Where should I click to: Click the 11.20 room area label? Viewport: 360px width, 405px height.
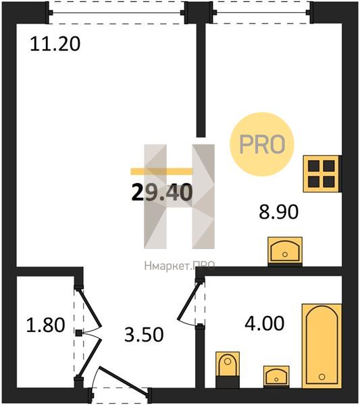pos(55,44)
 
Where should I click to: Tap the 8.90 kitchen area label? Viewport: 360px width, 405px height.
pos(278,212)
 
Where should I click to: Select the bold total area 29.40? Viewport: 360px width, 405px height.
pos(162,192)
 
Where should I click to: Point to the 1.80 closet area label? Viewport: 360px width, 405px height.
pos(45,325)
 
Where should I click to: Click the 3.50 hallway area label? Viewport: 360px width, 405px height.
pos(144,335)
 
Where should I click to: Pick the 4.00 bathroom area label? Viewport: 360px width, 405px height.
pos(264,323)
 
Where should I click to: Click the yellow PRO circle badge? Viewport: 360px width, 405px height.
pos(262,144)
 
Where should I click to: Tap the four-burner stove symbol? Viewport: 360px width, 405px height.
pos(322,173)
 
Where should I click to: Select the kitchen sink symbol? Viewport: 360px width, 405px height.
pos(285,251)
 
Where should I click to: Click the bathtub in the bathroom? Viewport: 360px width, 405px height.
pos(322,346)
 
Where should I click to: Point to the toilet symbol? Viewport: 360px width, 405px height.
pos(228,370)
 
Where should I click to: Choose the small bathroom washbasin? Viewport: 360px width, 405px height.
pos(276,377)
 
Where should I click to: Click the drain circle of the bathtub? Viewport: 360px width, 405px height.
pos(322,377)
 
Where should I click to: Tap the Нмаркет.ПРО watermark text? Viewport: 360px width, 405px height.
pos(180,266)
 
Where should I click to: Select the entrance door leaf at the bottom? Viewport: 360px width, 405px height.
pos(124,381)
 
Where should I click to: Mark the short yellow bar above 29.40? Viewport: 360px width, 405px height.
pos(162,171)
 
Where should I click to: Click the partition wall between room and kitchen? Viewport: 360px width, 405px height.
pos(201,80)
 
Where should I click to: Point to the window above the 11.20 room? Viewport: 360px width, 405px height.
pos(117,12)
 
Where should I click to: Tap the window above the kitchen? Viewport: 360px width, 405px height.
pos(261,12)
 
